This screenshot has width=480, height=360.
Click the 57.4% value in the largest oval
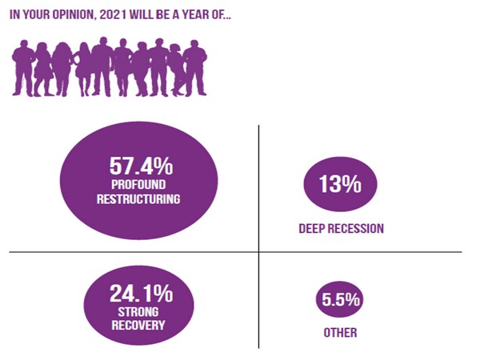[140, 166]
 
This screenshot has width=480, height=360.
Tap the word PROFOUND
[140, 185]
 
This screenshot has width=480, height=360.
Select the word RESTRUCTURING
[140, 198]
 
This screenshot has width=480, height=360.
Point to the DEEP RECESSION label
[341, 229]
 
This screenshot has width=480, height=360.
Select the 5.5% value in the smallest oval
[340, 302]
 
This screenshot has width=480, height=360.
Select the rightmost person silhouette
[194, 67]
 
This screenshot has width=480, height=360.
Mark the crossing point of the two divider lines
[258, 253]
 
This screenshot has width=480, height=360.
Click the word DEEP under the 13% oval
[313, 229]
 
